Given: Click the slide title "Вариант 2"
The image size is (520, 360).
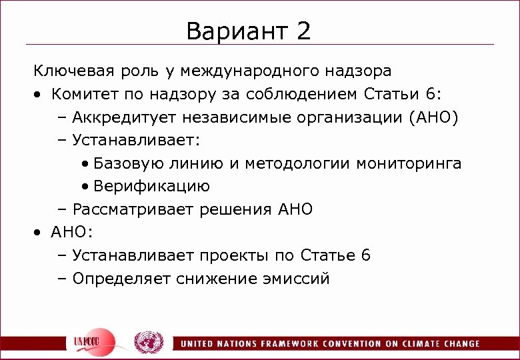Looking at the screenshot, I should (249, 31).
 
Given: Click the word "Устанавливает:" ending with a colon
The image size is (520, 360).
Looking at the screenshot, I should (136, 140).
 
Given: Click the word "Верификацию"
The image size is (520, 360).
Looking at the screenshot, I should (152, 187).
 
